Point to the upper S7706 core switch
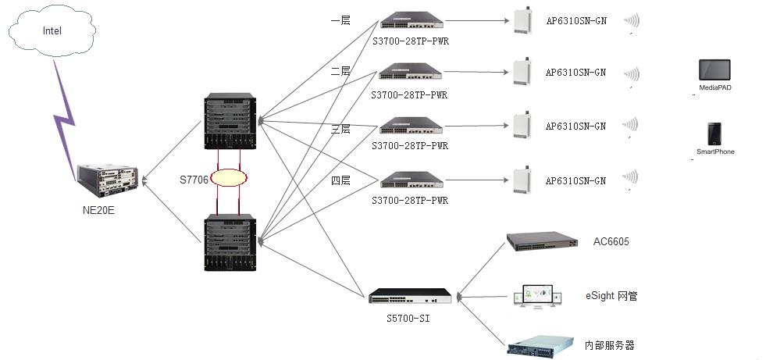(x=229, y=121)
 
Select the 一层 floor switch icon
(x=411, y=20)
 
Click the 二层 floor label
(x=340, y=71)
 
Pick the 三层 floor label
(x=340, y=129)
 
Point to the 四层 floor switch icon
(x=411, y=180)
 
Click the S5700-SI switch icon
(x=410, y=295)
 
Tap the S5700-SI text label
(x=408, y=318)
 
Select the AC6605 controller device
(x=543, y=241)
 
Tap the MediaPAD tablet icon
(x=714, y=70)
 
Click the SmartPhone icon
(x=714, y=134)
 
